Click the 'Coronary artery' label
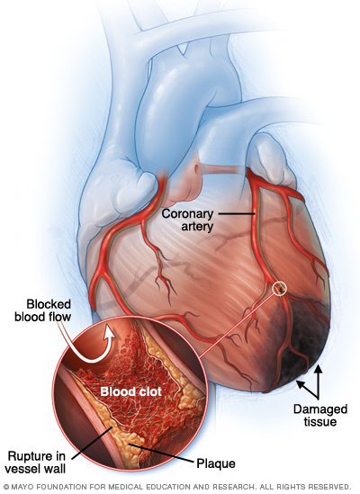(x=187, y=220)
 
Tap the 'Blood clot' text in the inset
(x=130, y=391)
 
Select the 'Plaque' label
(x=216, y=463)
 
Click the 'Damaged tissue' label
(x=320, y=415)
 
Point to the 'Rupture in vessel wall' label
(x=37, y=463)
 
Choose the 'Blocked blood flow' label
(x=43, y=310)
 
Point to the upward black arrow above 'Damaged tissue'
(x=319, y=382)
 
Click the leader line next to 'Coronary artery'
(x=237, y=214)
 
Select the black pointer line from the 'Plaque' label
(x=162, y=454)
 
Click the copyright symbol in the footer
(x=6, y=487)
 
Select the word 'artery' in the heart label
(x=197, y=227)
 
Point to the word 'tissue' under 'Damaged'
(x=320, y=421)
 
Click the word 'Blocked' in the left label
(x=49, y=304)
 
